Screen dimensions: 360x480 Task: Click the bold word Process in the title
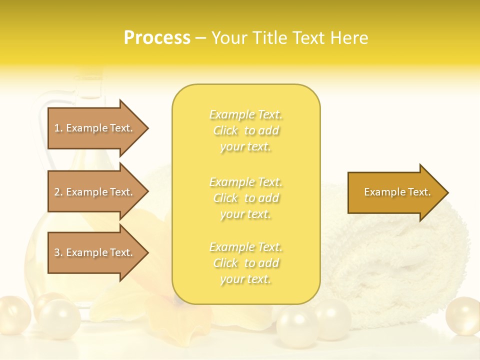pos(157,38)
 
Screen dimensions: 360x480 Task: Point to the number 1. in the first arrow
pos(58,128)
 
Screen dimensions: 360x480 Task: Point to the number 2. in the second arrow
pos(58,192)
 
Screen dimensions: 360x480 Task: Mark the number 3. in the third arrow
pos(58,252)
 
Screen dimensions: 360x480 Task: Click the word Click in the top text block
pos(225,131)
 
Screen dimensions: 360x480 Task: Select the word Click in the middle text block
pos(225,198)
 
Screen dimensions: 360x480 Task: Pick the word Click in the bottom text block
pos(225,263)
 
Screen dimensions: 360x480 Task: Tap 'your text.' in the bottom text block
pos(245,279)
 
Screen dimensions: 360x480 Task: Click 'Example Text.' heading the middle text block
pos(245,182)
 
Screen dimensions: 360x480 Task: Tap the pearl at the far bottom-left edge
pos(13,315)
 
